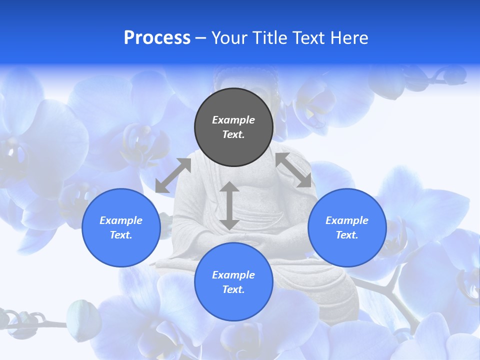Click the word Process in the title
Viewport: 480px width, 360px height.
[157, 38]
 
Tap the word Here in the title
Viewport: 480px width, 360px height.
[349, 38]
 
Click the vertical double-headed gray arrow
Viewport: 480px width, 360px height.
[229, 205]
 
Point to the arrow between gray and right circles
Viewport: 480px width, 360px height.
[293, 170]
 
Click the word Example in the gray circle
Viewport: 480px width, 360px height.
[233, 120]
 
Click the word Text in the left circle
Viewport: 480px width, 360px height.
[121, 235]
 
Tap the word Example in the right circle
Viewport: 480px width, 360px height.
[347, 220]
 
